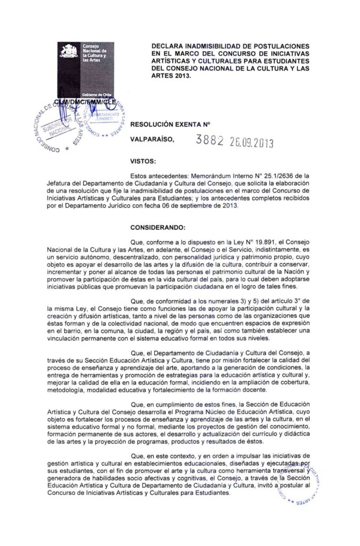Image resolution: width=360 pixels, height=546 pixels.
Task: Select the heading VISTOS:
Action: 142,160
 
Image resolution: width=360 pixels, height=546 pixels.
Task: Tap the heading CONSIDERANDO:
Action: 156,219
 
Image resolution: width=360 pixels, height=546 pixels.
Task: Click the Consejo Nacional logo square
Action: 86,70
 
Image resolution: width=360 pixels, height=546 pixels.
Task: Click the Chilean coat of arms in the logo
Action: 68,52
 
